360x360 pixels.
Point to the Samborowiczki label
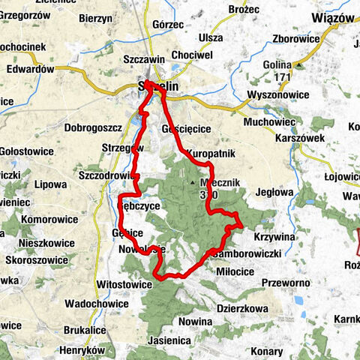click(247, 253)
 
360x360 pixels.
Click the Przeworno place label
click(286, 283)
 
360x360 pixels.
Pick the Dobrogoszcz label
click(77, 117)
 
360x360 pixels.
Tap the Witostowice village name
click(124, 284)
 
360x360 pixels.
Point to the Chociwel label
click(192, 55)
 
